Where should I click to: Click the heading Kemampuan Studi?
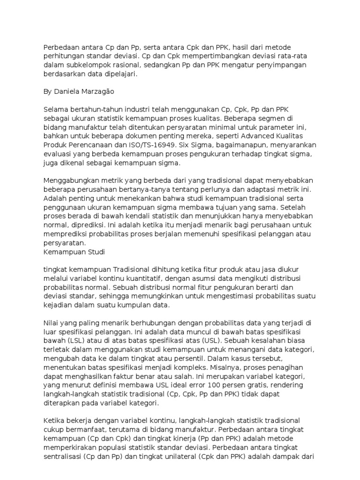(x=74, y=252)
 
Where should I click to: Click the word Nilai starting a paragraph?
(x=51, y=323)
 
